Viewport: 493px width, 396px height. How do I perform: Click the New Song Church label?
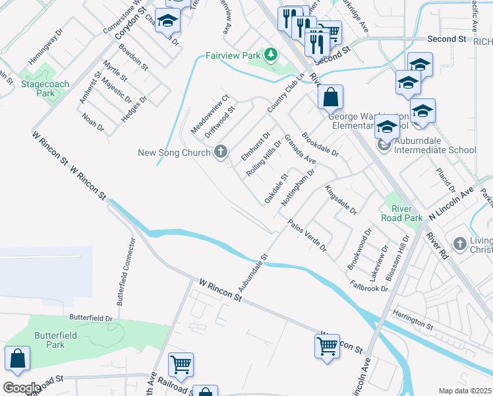174,153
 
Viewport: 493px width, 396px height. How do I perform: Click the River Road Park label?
402,213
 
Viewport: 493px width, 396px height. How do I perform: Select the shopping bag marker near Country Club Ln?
330,98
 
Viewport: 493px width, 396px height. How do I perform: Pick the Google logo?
21,388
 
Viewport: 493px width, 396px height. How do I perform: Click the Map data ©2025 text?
465,391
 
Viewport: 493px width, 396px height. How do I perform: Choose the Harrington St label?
411,323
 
